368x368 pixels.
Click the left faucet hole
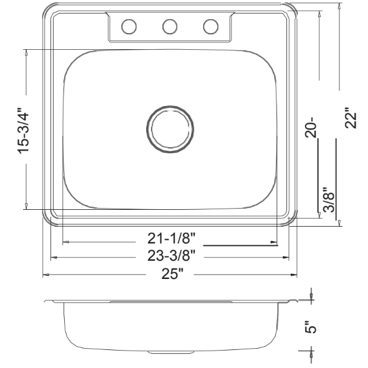[128, 27]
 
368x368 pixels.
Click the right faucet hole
[211, 27]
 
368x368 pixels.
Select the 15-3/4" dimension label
[24, 131]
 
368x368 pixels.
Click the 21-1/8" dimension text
[171, 237]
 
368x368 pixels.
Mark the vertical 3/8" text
[329, 201]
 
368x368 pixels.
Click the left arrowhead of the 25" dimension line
[44, 274]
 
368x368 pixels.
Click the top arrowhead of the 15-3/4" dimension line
[26, 52]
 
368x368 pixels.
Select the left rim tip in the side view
[47, 302]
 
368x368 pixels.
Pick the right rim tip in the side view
[293, 302]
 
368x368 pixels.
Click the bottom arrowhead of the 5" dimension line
[311, 352]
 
